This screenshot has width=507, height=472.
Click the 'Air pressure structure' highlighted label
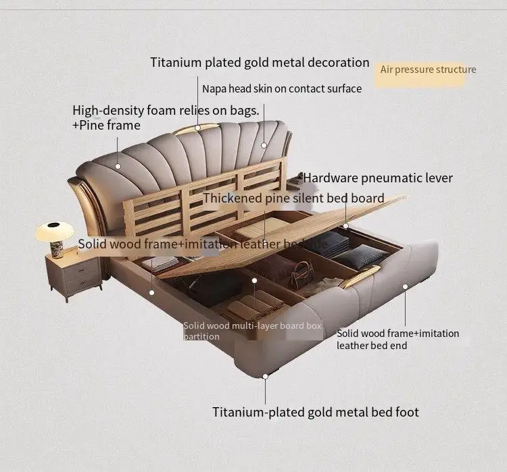pos(428,70)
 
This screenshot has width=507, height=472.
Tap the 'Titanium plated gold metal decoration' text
pos(260,63)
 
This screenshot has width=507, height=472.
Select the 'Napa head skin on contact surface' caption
pos(281,88)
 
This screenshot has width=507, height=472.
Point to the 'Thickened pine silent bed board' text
pos(293,199)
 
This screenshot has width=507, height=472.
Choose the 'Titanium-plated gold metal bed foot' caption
pos(316,412)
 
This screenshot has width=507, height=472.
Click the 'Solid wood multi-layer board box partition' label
pos(252,331)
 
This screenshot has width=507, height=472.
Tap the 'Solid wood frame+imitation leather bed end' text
pos(397,339)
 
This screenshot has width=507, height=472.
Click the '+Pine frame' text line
pos(106,126)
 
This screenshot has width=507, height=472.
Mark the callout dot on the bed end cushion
pos(405,286)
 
